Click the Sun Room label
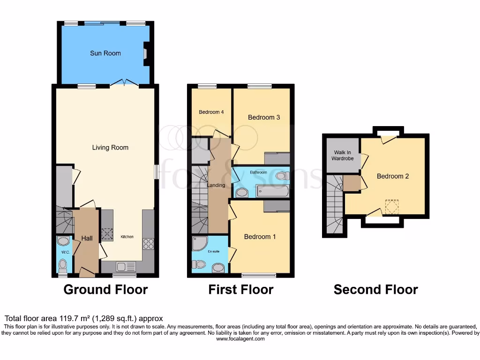[x=105, y=53]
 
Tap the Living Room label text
[x=110, y=147]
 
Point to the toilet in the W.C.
[x=63, y=266]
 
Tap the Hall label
[x=87, y=238]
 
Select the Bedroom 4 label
[x=210, y=112]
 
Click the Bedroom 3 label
[x=264, y=117]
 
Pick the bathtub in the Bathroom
[x=272, y=191]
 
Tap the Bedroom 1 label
[x=260, y=237]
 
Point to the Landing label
[x=216, y=185]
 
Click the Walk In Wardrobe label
[x=343, y=156]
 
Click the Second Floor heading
[x=375, y=290]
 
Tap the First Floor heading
[x=240, y=290]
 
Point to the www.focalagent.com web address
[x=240, y=339]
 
